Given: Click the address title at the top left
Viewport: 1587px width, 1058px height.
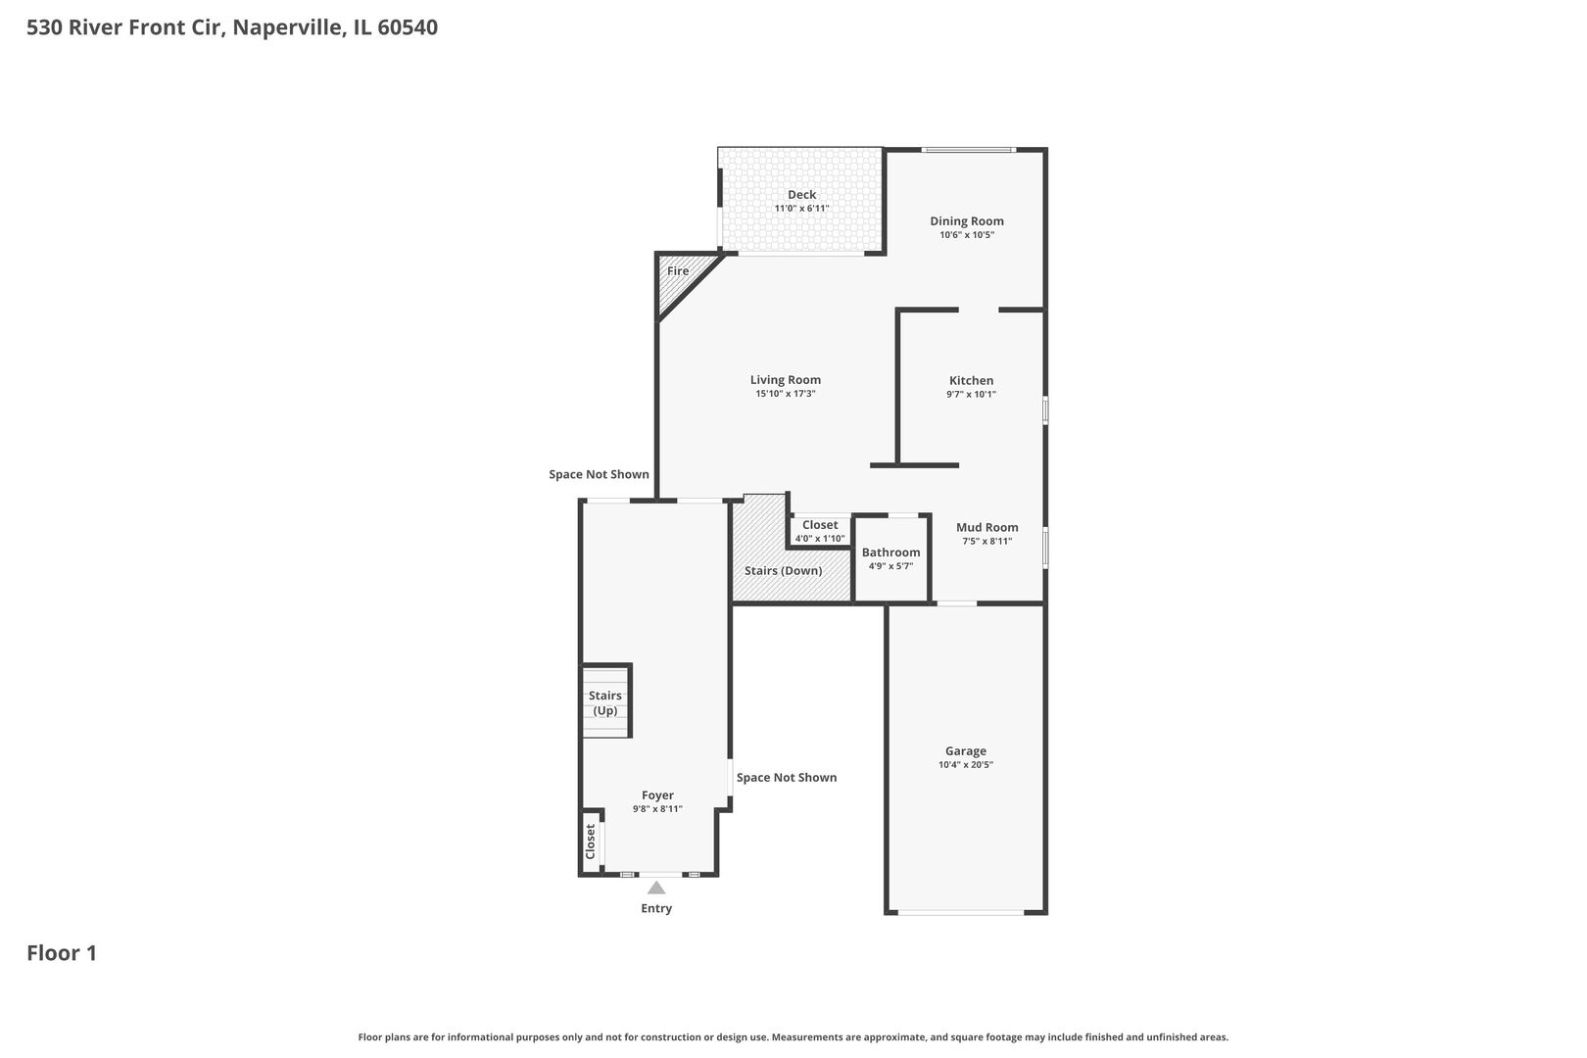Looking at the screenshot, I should pyautogui.click(x=232, y=27).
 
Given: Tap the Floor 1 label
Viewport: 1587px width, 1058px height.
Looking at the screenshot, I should pyautogui.click(x=62, y=952).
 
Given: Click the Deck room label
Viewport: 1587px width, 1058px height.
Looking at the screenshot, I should pyautogui.click(x=801, y=195).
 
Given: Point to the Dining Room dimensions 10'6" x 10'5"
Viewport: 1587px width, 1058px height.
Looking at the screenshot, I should pyautogui.click(x=966, y=235).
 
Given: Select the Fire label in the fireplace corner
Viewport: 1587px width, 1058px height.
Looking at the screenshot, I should pyautogui.click(x=678, y=271).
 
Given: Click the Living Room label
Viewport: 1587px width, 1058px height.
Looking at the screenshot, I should pyautogui.click(x=785, y=380).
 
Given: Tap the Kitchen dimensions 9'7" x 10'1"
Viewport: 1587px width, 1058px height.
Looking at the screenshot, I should pyautogui.click(x=971, y=395).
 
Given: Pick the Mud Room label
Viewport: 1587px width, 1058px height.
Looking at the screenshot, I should pyautogui.click(x=986, y=527).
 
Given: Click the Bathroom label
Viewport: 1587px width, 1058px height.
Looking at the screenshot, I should pyautogui.click(x=890, y=553).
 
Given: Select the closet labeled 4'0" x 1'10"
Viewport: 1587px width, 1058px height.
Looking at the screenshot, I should pyautogui.click(x=819, y=538).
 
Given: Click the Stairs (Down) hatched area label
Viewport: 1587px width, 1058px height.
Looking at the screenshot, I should pyautogui.click(x=783, y=570).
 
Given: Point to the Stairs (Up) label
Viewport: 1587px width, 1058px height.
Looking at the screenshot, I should pyautogui.click(x=605, y=702).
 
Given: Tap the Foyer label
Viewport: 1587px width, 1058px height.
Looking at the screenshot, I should pyautogui.click(x=657, y=795).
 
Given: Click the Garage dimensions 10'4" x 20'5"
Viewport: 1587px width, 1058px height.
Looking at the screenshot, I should pyautogui.click(x=965, y=765).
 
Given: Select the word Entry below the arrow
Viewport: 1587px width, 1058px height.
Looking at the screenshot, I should pyautogui.click(x=656, y=908).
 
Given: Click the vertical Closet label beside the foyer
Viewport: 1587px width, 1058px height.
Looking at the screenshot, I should pyautogui.click(x=591, y=842).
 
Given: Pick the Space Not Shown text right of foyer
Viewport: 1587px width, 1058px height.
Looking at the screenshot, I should pyautogui.click(x=786, y=777).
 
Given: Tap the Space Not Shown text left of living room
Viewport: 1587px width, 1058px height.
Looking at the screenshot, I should pyautogui.click(x=599, y=474).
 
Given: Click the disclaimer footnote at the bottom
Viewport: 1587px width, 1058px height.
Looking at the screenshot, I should pyautogui.click(x=793, y=1036).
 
